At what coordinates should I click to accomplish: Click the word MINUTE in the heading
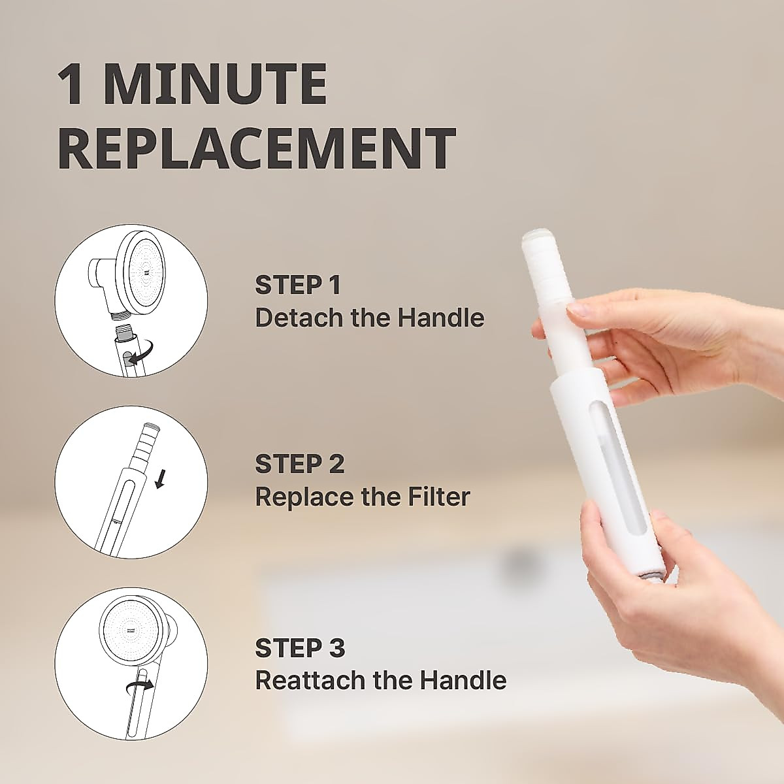click(x=216, y=85)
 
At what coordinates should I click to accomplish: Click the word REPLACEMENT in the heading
click(x=256, y=149)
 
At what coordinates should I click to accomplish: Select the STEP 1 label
click(x=297, y=286)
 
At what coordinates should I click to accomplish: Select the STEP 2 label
click(x=299, y=464)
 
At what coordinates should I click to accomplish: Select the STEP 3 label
click(x=299, y=648)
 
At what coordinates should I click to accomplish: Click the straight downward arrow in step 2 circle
click(x=159, y=482)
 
